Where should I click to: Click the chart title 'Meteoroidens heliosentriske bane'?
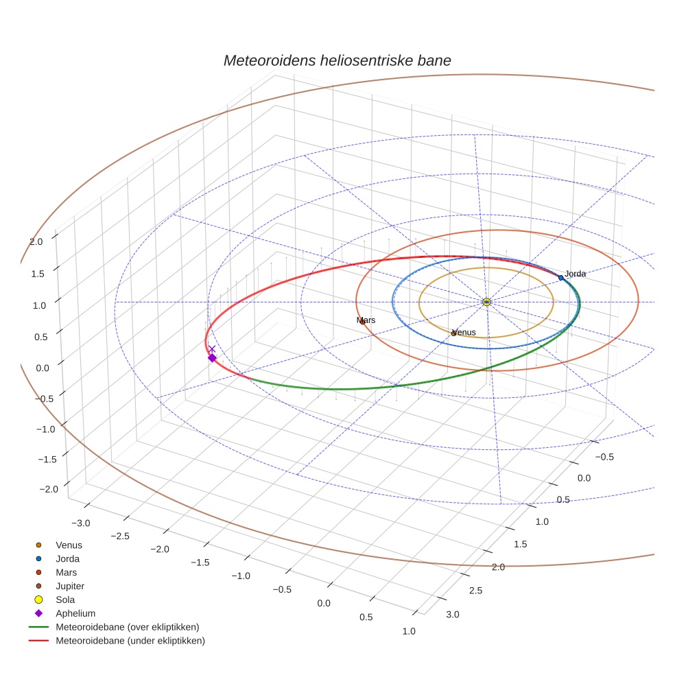pyautogui.click(x=337, y=60)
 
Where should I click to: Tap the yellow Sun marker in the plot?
pyautogui.click(x=486, y=302)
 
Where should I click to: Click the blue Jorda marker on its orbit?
pyautogui.click(x=560, y=277)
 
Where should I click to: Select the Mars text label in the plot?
pyautogui.click(x=366, y=320)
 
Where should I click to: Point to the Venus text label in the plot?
pyautogui.click(x=464, y=333)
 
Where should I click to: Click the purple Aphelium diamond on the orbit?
pyautogui.click(x=212, y=358)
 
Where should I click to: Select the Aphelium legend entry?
pyautogui.click(x=75, y=613)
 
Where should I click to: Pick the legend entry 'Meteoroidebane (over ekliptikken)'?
pyautogui.click(x=127, y=627)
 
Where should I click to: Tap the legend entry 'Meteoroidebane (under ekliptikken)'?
pyautogui.click(x=130, y=641)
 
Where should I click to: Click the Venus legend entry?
pyautogui.click(x=69, y=545)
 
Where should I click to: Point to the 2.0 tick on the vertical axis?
pyautogui.click(x=36, y=241)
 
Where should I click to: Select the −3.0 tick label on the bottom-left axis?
pyautogui.click(x=80, y=523)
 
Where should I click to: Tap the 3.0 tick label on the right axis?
pyautogui.click(x=453, y=614)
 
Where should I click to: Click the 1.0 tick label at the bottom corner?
pyautogui.click(x=409, y=631)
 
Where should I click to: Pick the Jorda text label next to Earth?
pyautogui.click(x=576, y=274)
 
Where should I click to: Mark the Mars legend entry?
pyautogui.click(x=66, y=572)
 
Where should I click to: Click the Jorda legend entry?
pyautogui.click(x=67, y=558)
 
